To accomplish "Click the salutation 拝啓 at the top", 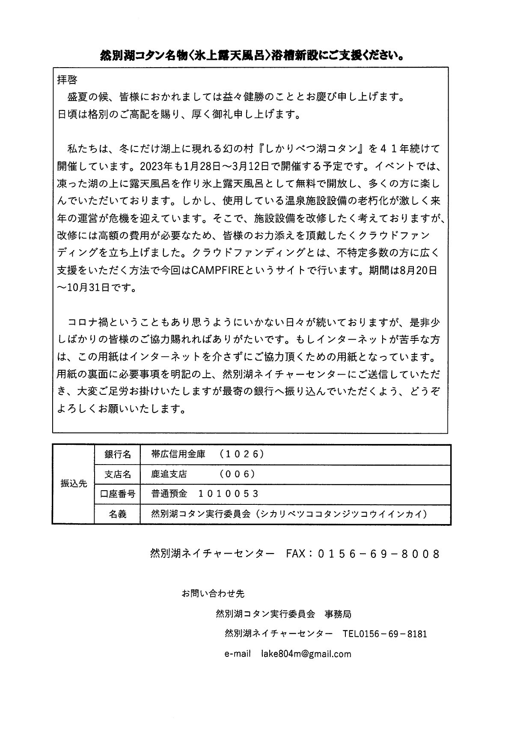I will click(x=67, y=80).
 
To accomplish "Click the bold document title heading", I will click(x=253, y=56).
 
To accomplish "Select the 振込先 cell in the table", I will click(x=74, y=484).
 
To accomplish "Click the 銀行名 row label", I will click(x=117, y=455).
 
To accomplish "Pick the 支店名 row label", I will click(x=117, y=474).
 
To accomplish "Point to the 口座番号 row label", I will click(x=117, y=494).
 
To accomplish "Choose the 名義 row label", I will click(x=117, y=514).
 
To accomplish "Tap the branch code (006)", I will click(x=237, y=474).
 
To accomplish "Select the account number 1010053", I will click(x=229, y=494).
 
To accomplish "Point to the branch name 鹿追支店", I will click(x=169, y=474).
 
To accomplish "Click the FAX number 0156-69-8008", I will click(x=379, y=554).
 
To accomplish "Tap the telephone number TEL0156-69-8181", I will click(x=385, y=634).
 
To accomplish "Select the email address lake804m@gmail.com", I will click(x=306, y=654).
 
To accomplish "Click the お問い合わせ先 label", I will click(x=213, y=594).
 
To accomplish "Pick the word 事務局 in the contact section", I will click(x=338, y=614).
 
